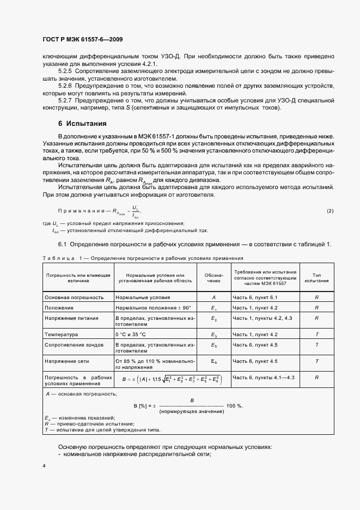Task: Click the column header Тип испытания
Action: click(x=316, y=277)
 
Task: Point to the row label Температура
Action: click(x=61, y=334)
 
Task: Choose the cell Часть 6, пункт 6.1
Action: click(x=255, y=297)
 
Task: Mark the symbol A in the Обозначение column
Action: click(x=213, y=297)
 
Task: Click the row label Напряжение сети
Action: click(x=70, y=361)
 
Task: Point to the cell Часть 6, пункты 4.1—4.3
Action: click(x=264, y=377)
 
